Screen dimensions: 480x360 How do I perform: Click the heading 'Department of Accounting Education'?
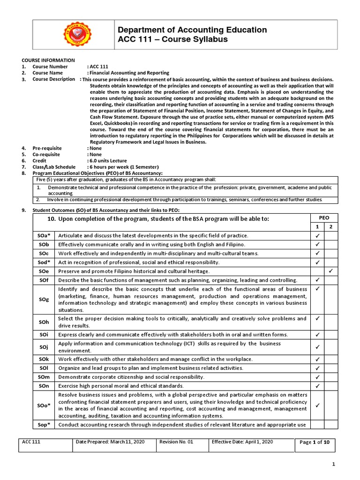pyautogui.click(x=192, y=30)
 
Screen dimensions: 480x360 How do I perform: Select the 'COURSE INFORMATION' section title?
pyautogui.click(x=48, y=60)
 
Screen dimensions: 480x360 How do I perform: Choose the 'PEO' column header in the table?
pyautogui.click(x=323, y=218)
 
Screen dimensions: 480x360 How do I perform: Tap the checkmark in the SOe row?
pyautogui.click(x=330, y=271)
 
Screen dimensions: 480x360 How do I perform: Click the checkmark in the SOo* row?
pyautogui.click(x=317, y=405)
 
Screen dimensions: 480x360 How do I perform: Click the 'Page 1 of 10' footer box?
pyautogui.click(x=315, y=442)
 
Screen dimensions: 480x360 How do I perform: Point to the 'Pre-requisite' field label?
pyautogui.click(x=47, y=148)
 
